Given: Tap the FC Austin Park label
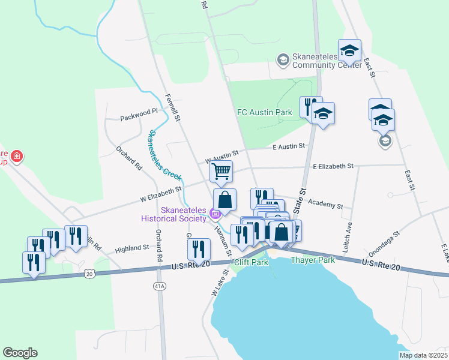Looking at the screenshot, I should [264, 112].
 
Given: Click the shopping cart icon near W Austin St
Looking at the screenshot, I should [221, 171].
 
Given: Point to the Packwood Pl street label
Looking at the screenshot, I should [139, 111].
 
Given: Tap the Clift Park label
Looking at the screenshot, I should [250, 262].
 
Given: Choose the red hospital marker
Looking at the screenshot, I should [17, 157].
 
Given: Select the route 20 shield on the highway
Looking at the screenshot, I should [90, 274].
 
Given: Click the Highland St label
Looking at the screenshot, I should [131, 248].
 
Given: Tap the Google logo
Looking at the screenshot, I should [20, 353].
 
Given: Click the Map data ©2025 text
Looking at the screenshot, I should [423, 355].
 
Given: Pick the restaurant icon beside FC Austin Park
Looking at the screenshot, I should [310, 107].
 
